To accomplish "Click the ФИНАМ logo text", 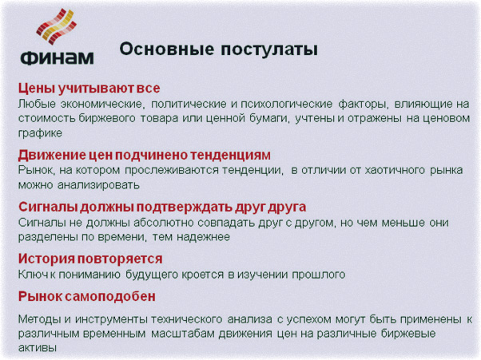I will click(x=55, y=57).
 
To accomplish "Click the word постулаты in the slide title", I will click(x=271, y=49).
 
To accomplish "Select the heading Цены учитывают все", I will click(x=84, y=88).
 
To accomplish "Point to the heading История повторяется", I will click(x=90, y=259).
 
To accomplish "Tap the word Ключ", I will click(x=33, y=275).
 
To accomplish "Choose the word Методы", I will click(x=40, y=319).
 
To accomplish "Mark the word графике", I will click(x=40, y=133).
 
